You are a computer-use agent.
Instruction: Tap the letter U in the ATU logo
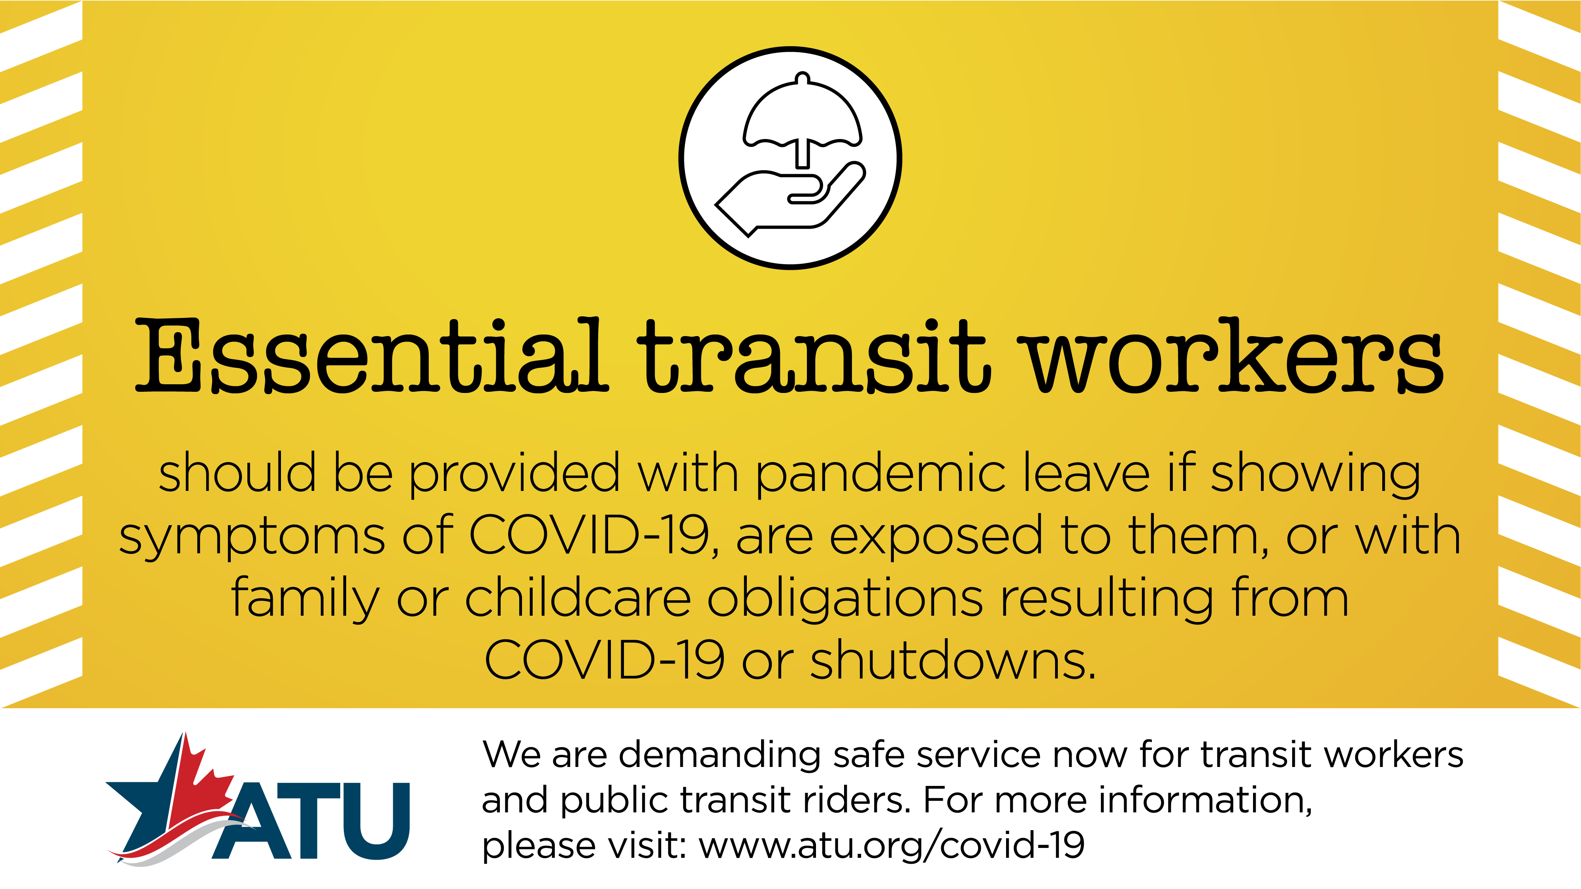tap(376, 821)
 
